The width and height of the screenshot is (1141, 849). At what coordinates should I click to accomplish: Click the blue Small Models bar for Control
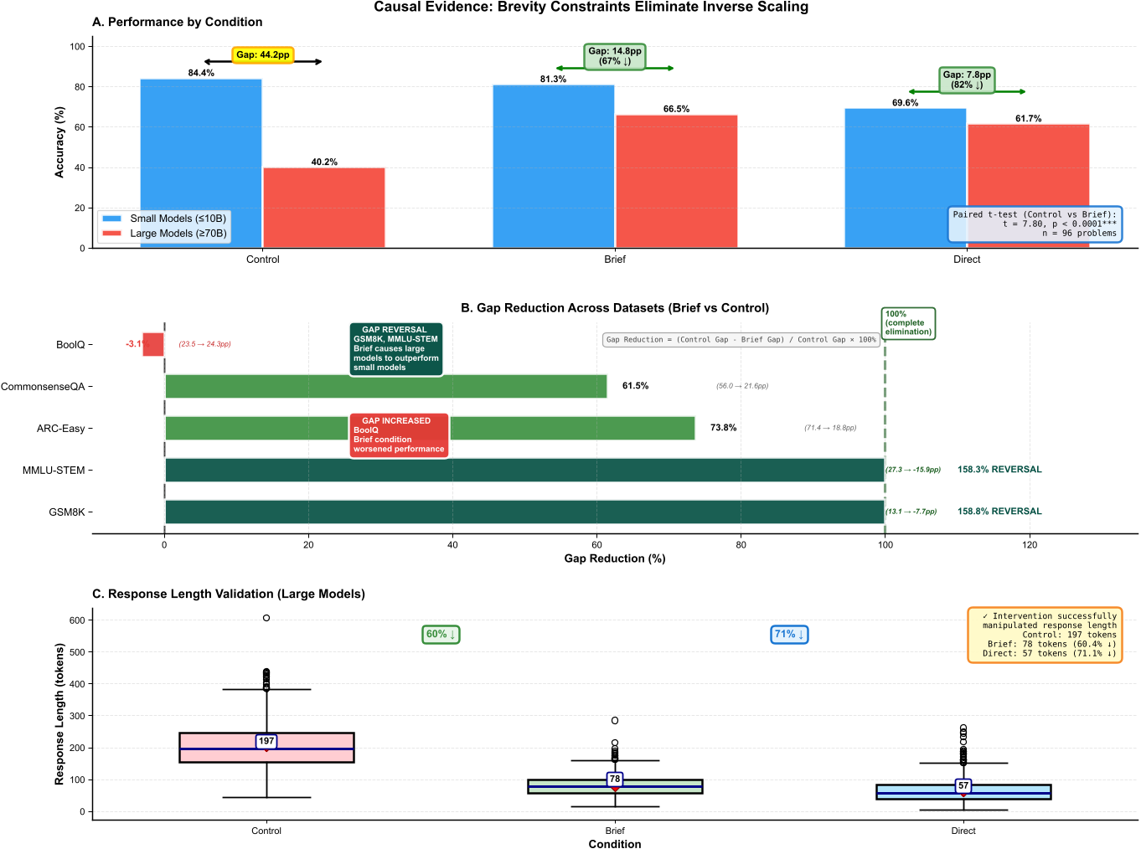[201, 163]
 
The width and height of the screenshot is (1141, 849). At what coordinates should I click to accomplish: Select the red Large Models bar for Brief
[676, 181]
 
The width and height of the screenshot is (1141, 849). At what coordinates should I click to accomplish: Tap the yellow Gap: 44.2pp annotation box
[262, 55]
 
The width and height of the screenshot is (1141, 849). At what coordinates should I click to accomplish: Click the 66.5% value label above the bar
[676, 109]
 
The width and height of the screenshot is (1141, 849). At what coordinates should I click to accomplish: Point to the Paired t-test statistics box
[1035, 224]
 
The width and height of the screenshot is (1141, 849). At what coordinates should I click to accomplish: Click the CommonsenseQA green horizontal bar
[385, 387]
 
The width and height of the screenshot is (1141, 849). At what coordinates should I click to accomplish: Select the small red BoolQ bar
[153, 344]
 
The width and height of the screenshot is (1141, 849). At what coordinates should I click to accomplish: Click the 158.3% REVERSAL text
[999, 470]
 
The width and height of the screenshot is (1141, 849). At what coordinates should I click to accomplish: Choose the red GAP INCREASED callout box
[399, 435]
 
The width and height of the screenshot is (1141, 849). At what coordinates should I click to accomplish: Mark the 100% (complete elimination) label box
[908, 323]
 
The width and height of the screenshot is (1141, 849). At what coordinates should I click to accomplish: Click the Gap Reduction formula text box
[741, 340]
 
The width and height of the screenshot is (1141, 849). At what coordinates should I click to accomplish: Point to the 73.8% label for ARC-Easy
[723, 428]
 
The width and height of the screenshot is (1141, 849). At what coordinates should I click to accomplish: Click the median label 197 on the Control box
[266, 741]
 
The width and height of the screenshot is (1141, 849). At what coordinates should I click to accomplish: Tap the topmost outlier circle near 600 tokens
[266, 618]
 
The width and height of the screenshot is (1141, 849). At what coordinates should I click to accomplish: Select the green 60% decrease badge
[441, 635]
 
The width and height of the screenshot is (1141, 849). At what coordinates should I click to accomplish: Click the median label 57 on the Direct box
[963, 786]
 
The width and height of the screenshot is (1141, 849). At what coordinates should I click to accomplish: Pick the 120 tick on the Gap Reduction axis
[1030, 545]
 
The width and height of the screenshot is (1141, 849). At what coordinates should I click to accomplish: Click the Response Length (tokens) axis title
[59, 714]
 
